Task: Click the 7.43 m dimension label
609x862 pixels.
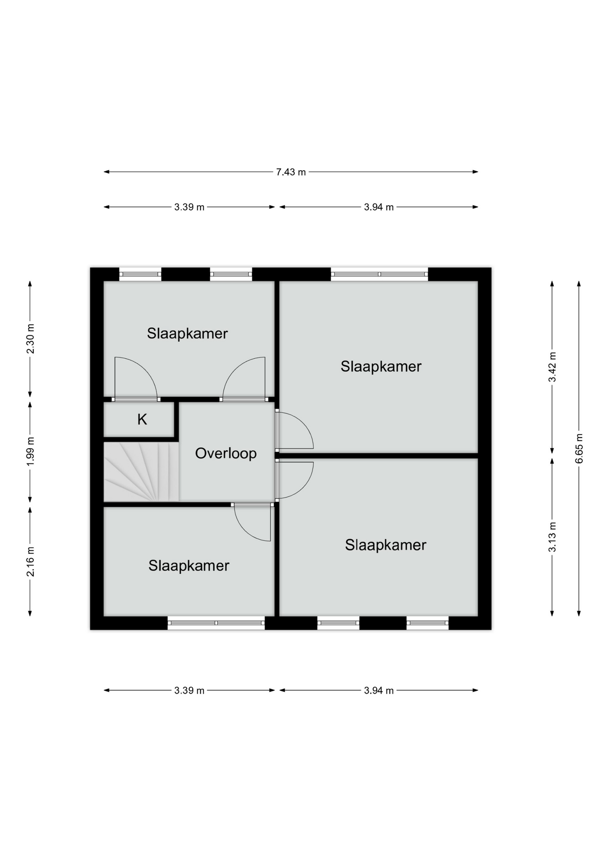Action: pyautogui.click(x=291, y=172)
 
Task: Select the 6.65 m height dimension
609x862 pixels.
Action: pyautogui.click(x=579, y=449)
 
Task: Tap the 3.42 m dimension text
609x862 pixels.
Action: pyautogui.click(x=552, y=367)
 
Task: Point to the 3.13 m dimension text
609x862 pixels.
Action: pyautogui.click(x=552, y=537)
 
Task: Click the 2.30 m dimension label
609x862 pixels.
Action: pyautogui.click(x=30, y=339)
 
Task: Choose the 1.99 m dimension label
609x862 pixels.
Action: pyautogui.click(x=30, y=451)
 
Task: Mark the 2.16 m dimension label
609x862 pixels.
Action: pyautogui.click(x=30, y=562)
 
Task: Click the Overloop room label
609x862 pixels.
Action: pyautogui.click(x=226, y=453)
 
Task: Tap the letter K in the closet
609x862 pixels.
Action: pyautogui.click(x=142, y=419)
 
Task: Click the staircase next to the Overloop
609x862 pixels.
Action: pyautogui.click(x=141, y=471)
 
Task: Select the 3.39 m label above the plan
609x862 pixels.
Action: pyautogui.click(x=189, y=207)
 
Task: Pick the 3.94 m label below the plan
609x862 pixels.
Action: pyautogui.click(x=378, y=690)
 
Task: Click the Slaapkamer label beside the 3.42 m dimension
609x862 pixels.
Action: pyautogui.click(x=381, y=366)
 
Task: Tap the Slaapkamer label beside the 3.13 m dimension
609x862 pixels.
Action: pyautogui.click(x=385, y=545)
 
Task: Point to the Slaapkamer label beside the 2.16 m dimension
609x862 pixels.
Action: pyautogui.click(x=189, y=565)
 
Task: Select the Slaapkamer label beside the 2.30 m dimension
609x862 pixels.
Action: pyautogui.click(x=187, y=333)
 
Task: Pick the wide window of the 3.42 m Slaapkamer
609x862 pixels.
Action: pyautogui.click(x=379, y=274)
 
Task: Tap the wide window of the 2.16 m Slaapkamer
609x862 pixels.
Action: pyautogui.click(x=216, y=623)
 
